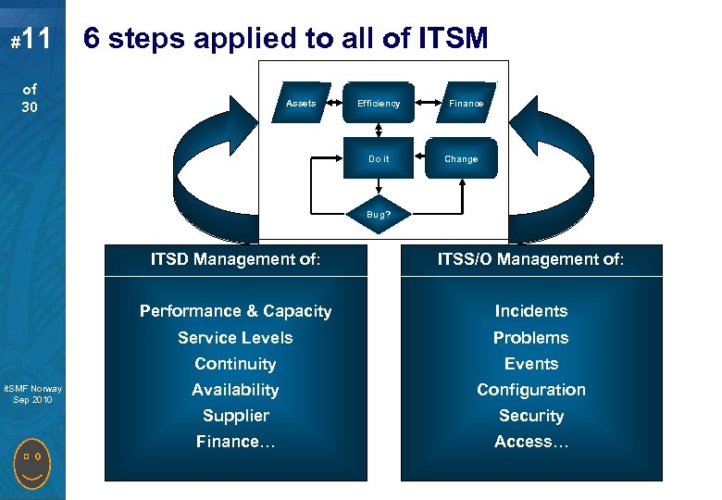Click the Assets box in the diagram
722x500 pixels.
coord(301,104)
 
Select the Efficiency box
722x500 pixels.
coord(379,104)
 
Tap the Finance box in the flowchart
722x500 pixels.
coord(466,104)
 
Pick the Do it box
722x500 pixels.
coord(379,159)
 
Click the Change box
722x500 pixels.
coord(461,159)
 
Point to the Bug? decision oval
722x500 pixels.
coord(378,213)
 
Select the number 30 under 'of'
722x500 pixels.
coord(31,107)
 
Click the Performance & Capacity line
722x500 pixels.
coord(235,311)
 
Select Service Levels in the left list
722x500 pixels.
coord(235,338)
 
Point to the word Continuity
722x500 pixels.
coord(235,364)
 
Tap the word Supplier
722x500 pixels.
coord(235,416)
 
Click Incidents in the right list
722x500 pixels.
coord(531,311)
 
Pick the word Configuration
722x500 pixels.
coord(531,390)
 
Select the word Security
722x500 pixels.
coord(531,416)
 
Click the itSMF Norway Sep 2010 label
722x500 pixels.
coord(31,394)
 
